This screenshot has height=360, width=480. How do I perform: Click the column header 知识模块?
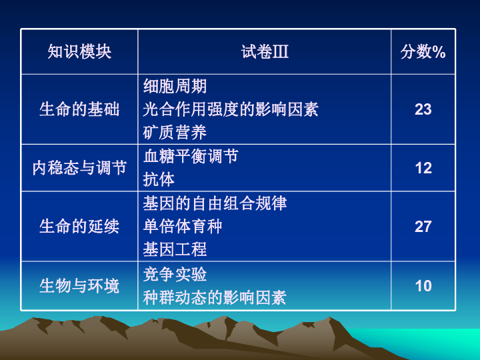[79, 52]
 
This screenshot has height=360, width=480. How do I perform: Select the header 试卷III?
[265, 52]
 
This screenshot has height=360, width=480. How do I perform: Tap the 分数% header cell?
[423, 52]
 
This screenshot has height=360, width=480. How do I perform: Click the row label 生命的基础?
[79, 109]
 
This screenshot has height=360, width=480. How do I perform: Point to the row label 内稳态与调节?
[79, 168]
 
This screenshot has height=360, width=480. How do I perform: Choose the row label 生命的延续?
[79, 227]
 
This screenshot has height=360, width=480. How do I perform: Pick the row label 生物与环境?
[79, 286]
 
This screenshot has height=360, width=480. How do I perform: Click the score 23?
[423, 109]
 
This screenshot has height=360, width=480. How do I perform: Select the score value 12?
[423, 168]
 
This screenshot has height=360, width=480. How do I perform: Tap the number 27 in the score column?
[423, 227]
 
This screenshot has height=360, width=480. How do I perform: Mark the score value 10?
[423, 286]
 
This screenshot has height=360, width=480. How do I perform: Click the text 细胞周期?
[175, 87]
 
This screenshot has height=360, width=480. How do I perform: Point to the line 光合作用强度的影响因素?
[231, 109]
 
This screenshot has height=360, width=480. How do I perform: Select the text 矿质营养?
[175, 132]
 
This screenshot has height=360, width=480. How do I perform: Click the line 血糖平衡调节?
[191, 157]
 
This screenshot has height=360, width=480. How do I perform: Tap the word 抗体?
[159, 179]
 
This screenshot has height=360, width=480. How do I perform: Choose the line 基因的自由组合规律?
[215, 203]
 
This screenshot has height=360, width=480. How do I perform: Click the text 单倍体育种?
[183, 227]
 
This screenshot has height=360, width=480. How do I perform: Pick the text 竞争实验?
[175, 275]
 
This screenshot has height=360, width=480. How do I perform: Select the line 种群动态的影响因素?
[215, 298]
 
